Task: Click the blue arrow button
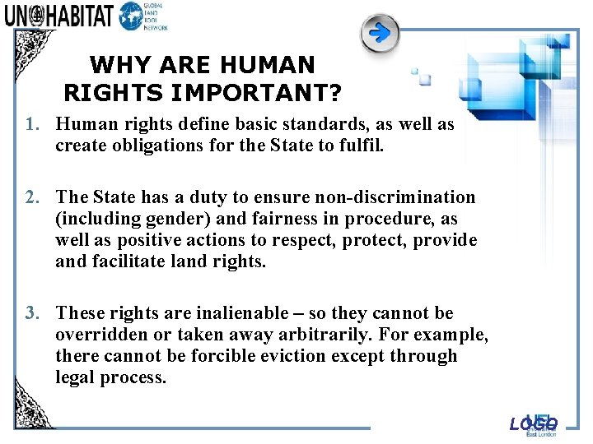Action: [x=380, y=34]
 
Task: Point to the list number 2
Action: [x=32, y=197]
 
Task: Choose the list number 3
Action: [x=32, y=313]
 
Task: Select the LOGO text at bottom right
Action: [x=533, y=423]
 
